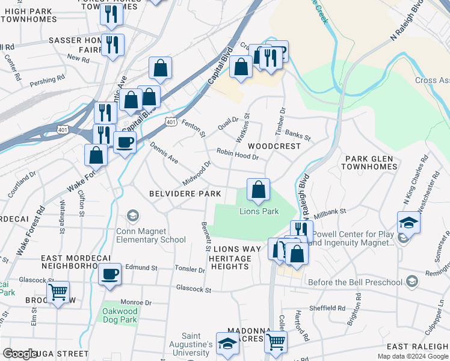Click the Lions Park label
pos(259,211)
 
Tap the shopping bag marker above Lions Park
pos(258,190)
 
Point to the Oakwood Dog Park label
pos(120,315)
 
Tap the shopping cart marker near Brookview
pos(58,292)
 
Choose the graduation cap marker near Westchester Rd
pos(408,223)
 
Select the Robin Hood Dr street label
pos(238,154)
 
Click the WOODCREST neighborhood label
pos(274,146)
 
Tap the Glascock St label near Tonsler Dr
pos(194,289)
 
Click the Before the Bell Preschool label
pos(354,282)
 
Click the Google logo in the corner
pos(20,354)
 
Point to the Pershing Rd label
pos(48,79)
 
